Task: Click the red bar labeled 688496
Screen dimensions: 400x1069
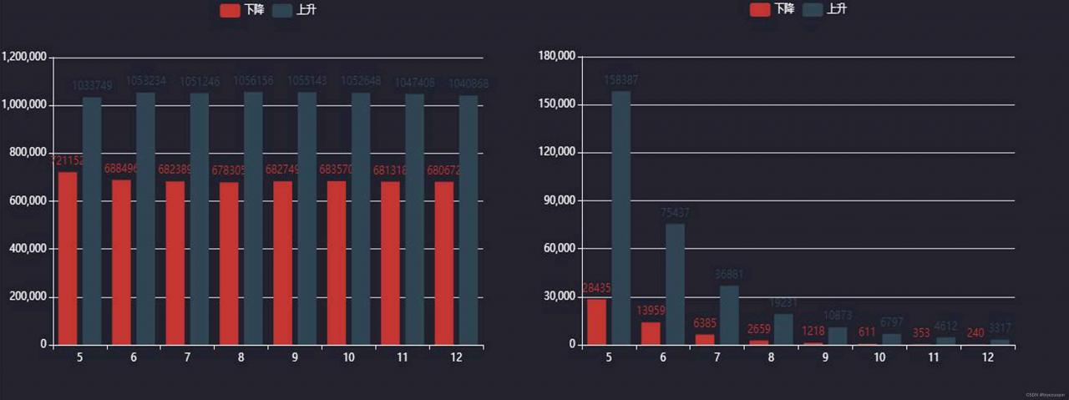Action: click(121, 262)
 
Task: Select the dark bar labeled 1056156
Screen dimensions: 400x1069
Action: click(253, 218)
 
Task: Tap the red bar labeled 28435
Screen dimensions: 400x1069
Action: click(596, 322)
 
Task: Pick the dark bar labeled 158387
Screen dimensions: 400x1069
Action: click(621, 217)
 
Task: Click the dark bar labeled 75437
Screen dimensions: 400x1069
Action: click(675, 284)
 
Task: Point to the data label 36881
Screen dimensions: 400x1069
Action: click(729, 274)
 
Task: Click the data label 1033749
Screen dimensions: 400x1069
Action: click(92, 85)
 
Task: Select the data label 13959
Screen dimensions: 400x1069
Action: click(651, 311)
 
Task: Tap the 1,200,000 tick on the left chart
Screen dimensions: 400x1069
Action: click(24, 57)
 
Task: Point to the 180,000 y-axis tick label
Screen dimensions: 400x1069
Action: click(555, 57)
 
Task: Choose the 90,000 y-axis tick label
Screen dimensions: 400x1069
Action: click(558, 200)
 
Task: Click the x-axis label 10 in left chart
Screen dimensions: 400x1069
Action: click(348, 357)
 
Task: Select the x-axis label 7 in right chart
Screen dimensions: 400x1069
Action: click(718, 357)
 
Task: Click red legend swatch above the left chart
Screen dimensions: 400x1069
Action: click(230, 10)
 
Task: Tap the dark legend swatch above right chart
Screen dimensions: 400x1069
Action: click(812, 9)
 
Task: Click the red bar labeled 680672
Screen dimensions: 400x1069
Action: click(443, 263)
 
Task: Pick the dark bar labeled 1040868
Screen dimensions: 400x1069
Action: click(469, 220)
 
